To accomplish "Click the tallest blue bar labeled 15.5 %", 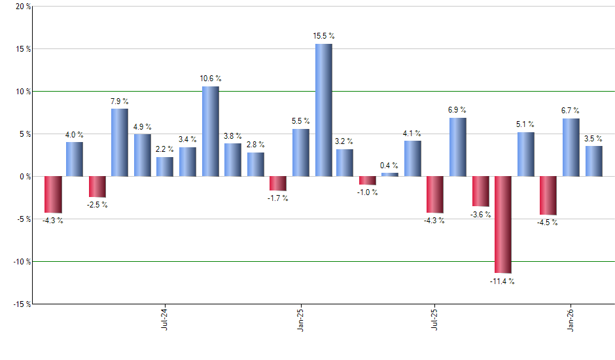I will (x=323, y=110).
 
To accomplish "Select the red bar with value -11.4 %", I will (x=503, y=225).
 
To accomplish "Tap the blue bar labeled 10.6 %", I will (x=210, y=131).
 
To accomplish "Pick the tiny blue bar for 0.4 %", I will (x=390, y=175).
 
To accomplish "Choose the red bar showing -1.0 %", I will (x=368, y=181).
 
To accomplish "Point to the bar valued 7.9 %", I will (x=120, y=142).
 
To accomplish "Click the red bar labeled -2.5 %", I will (x=97, y=187).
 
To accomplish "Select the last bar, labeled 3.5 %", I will (x=593, y=161).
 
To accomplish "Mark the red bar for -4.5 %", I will (x=548, y=195).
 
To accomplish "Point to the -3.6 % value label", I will (x=481, y=215).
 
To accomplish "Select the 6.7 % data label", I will (x=571, y=111).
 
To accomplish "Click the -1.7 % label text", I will (x=278, y=198).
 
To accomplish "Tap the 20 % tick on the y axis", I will (x=22, y=7).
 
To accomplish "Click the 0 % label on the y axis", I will (x=24, y=177).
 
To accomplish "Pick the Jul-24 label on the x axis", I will (x=164, y=319).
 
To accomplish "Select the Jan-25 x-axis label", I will (x=300, y=319).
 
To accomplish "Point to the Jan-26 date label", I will (x=571, y=319).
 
